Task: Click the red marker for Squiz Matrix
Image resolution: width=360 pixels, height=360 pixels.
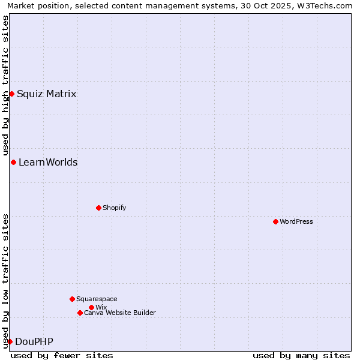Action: (x=11, y=94)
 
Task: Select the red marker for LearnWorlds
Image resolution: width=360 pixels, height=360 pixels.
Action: (x=13, y=162)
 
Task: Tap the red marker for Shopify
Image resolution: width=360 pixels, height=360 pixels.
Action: (x=98, y=208)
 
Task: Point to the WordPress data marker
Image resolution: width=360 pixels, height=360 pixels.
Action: (x=275, y=221)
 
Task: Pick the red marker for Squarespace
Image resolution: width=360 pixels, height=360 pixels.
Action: (x=72, y=299)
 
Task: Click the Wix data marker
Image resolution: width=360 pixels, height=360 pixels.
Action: (x=91, y=307)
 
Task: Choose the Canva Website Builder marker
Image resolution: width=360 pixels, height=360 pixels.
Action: (x=80, y=313)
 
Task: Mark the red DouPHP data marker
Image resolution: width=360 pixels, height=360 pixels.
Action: (x=10, y=341)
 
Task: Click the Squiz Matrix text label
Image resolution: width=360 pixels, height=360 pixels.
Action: (x=46, y=94)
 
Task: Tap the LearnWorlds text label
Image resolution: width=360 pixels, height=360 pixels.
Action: (x=48, y=162)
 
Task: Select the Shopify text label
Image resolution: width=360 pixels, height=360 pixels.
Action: (x=114, y=208)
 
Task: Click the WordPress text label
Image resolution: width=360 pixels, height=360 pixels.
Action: (x=296, y=221)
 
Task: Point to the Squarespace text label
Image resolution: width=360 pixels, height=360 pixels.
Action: (x=97, y=299)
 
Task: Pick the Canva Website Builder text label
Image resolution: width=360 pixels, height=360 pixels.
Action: (x=120, y=313)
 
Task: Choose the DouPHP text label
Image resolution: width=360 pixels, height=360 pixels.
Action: (x=34, y=341)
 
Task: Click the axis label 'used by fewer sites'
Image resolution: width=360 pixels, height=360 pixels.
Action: (x=62, y=355)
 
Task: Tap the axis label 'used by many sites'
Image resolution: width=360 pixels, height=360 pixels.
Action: (x=301, y=355)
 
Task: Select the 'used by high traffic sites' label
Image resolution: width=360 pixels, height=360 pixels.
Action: (x=5, y=85)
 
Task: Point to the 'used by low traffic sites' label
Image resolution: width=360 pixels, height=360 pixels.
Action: (x=5, y=281)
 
